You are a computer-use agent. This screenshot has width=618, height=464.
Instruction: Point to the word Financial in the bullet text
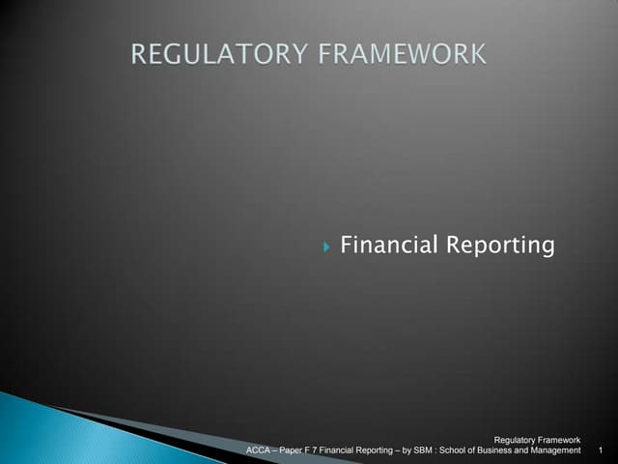[x=385, y=245]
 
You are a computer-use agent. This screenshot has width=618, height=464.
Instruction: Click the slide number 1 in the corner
[x=601, y=450]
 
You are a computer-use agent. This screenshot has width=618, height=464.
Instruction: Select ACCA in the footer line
[x=259, y=450]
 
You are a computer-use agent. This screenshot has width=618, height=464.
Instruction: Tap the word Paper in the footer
[x=294, y=450]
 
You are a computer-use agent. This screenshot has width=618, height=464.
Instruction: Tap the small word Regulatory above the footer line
[x=516, y=441]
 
